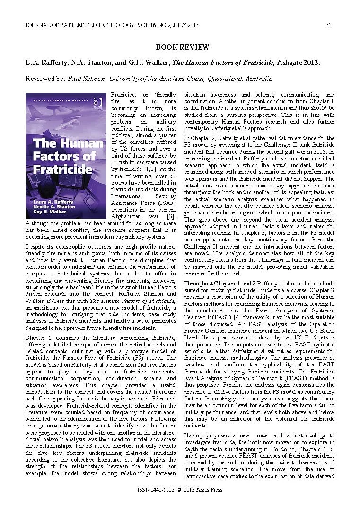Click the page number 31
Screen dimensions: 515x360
[327, 25]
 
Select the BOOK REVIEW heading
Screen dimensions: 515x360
[179, 47]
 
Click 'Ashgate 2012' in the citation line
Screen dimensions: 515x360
[298, 62]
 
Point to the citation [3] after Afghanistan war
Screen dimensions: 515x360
[171, 216]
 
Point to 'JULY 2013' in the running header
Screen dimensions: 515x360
[185, 25]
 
